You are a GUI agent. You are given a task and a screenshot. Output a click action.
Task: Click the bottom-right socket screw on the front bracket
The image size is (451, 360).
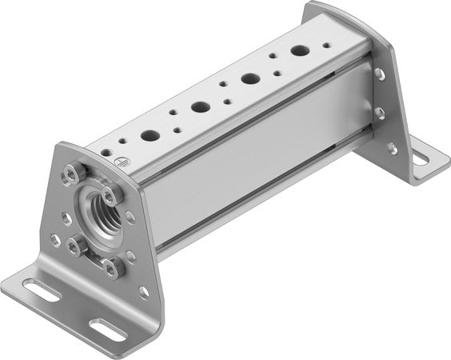pos(114,267)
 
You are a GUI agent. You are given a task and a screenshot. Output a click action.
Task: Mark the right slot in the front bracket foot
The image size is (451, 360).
pos(106,326)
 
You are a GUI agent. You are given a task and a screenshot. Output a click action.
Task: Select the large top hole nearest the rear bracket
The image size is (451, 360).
pos(300,50)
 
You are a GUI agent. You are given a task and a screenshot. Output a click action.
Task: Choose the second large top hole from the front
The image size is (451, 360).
pos(200,106)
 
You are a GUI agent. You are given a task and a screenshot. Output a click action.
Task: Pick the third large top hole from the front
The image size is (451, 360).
pos(250,78)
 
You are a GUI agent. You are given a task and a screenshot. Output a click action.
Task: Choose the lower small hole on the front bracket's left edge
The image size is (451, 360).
pos(56,238)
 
